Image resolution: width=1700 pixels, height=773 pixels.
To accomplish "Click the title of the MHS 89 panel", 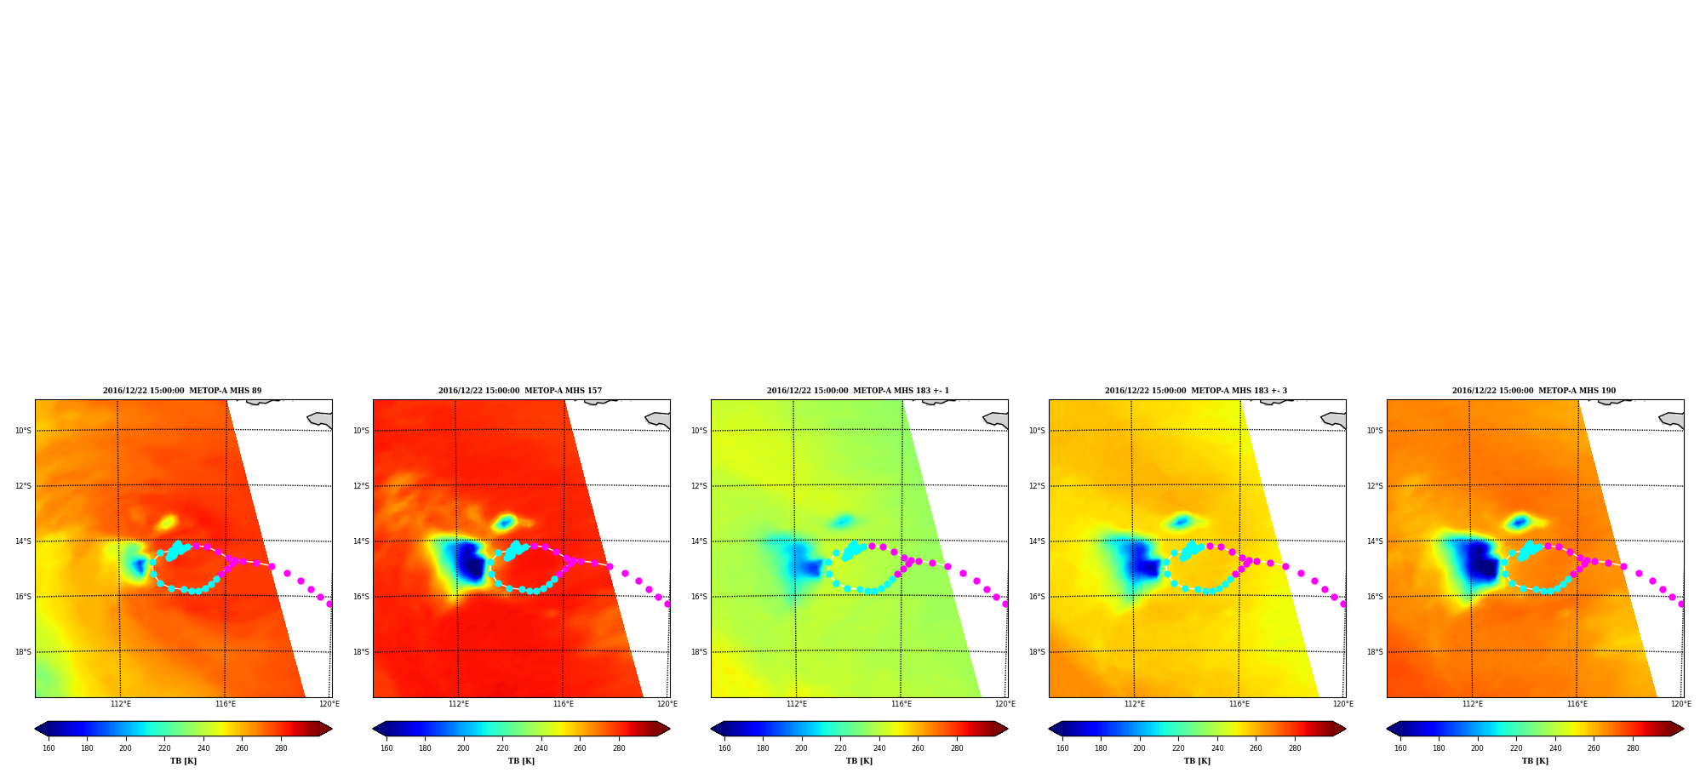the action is click(182, 391).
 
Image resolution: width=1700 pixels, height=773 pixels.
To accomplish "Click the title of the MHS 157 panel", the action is click(520, 391).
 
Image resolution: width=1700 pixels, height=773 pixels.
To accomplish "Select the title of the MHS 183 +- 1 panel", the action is click(858, 391).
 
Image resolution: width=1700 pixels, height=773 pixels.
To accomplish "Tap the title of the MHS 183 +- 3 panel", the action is click(1196, 391).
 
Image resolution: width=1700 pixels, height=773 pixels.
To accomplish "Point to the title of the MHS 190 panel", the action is click(1534, 391).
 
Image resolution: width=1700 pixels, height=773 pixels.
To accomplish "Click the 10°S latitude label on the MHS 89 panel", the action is click(23, 431).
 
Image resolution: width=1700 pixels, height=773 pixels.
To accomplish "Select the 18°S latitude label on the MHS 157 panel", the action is click(361, 652).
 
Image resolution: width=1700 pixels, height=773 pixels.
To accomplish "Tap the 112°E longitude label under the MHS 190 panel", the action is click(1473, 704).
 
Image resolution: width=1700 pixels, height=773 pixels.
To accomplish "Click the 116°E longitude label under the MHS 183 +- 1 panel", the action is click(902, 704).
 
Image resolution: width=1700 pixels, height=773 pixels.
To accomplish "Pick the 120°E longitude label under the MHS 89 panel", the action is click(329, 704).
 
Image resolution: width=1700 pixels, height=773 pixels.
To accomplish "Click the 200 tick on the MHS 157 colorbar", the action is click(463, 748).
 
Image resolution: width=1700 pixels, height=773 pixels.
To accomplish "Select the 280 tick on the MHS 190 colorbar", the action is click(1633, 748).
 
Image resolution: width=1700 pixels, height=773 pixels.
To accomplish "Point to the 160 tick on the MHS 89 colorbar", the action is click(49, 748).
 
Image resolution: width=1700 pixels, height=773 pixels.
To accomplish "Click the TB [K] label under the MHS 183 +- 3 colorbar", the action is click(1197, 761).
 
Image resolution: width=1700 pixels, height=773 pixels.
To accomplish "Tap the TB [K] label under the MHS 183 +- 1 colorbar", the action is click(859, 761).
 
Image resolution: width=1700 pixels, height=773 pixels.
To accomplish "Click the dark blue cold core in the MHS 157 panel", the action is click(471, 564).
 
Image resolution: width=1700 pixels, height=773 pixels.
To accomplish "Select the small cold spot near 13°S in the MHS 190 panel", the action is click(1519, 521).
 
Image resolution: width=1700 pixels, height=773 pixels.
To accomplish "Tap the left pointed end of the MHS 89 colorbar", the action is click(36, 729).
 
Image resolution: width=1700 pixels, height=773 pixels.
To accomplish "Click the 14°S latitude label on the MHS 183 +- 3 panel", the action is click(1037, 541).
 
